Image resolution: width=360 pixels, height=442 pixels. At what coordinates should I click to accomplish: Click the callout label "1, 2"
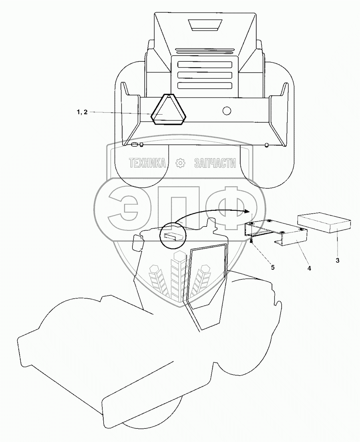click(x=81, y=113)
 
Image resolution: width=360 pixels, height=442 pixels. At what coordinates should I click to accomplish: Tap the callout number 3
click(x=338, y=260)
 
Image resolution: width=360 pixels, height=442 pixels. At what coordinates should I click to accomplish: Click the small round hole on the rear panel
click(x=227, y=110)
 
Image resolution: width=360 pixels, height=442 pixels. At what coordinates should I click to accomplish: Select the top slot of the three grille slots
click(x=204, y=64)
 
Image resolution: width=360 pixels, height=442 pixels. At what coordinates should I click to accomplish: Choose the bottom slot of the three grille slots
click(x=204, y=85)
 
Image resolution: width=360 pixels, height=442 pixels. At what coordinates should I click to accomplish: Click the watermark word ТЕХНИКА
click(x=147, y=163)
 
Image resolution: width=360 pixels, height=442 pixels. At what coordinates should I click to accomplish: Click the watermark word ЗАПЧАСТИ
click(x=215, y=163)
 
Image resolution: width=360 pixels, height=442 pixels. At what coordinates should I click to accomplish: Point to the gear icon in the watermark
click(x=181, y=163)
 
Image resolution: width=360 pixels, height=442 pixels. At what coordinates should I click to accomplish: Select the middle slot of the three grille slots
click(x=204, y=75)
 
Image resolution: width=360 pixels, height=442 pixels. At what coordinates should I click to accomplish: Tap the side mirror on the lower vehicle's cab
click(x=138, y=243)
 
